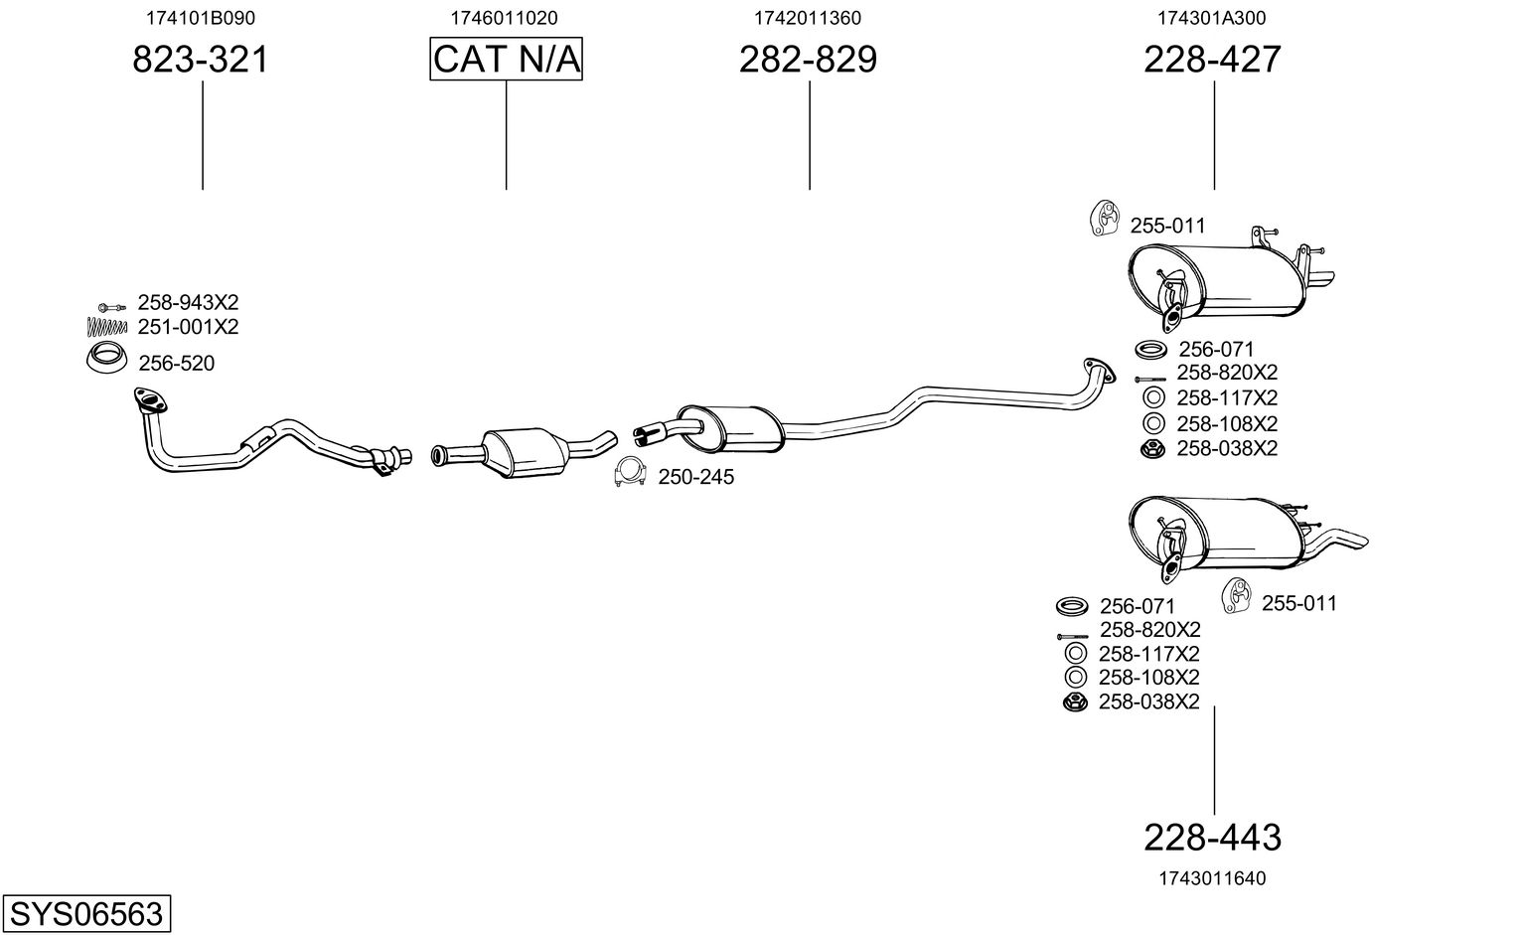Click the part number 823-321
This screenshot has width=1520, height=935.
(x=201, y=60)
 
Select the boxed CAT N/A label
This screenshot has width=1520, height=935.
(x=506, y=60)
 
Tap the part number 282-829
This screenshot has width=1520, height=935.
(x=808, y=60)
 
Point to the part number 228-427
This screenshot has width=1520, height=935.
(x=1212, y=60)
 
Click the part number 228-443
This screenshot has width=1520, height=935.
(x=1212, y=838)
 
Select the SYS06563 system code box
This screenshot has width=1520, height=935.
(x=86, y=913)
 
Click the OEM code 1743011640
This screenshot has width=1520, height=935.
(x=1212, y=878)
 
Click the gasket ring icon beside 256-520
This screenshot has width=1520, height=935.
(x=105, y=359)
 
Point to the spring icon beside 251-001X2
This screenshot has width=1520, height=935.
(x=107, y=325)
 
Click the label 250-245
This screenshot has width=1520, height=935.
(x=695, y=478)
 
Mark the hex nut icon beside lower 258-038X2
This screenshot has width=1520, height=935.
(x=1073, y=702)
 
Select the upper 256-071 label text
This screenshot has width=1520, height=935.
(x=1216, y=350)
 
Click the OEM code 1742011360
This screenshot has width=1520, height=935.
(x=808, y=18)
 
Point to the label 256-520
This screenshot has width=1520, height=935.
(x=176, y=364)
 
